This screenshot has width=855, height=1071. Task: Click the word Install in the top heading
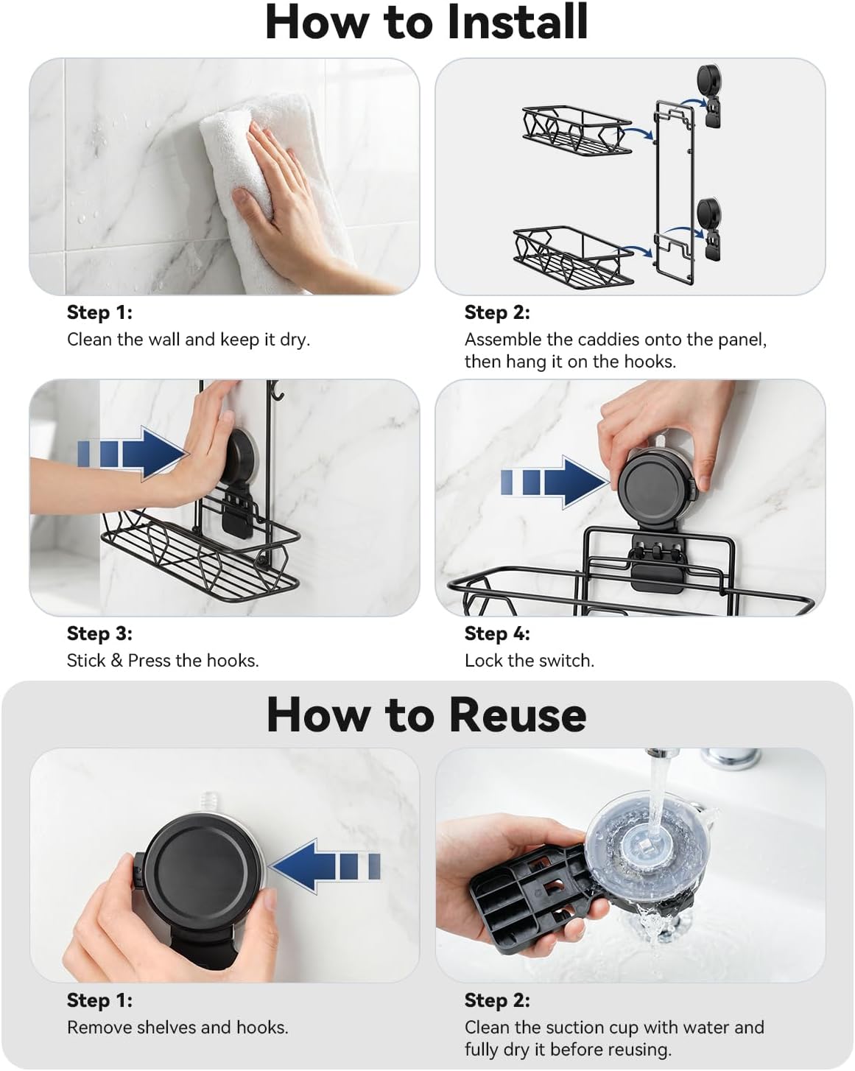point(518,22)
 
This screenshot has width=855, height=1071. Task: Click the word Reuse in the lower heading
point(518,714)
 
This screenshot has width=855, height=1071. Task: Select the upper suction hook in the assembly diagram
point(709,94)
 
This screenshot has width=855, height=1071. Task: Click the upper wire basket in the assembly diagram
point(577,130)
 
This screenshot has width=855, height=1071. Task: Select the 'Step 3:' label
point(100,633)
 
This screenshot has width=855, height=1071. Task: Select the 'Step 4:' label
point(497,633)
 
